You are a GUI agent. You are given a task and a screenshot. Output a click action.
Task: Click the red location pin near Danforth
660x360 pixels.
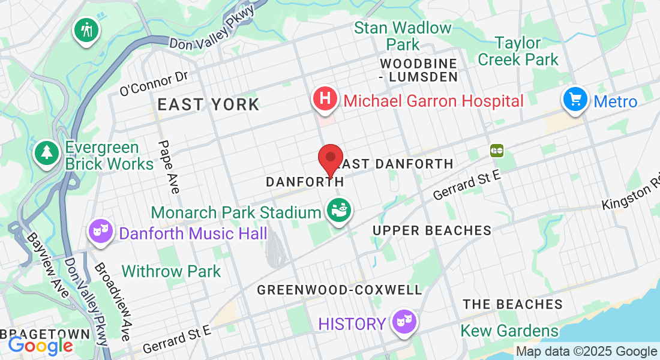click(330, 158)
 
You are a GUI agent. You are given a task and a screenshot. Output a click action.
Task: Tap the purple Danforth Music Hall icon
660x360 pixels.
click(101, 231)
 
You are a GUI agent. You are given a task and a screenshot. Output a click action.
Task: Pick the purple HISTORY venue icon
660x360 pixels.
click(403, 322)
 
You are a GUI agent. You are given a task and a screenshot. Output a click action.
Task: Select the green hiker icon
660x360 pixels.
click(86, 29)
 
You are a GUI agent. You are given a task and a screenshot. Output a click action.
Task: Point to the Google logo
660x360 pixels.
click(40, 346)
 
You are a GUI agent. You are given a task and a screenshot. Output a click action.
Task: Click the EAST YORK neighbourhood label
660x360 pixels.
click(208, 104)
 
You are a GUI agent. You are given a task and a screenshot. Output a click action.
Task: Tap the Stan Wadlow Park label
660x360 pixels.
click(403, 36)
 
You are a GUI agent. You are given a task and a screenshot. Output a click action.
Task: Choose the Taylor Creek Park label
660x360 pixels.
click(518, 51)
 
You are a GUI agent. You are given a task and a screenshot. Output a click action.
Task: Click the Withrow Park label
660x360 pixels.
click(171, 271)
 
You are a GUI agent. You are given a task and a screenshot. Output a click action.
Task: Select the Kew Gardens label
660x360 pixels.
click(509, 331)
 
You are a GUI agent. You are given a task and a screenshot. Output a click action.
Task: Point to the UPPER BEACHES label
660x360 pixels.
click(432, 230)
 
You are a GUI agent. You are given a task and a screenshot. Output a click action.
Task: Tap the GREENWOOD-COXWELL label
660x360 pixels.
click(340, 290)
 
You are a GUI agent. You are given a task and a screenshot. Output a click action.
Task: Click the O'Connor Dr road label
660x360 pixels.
click(154, 84)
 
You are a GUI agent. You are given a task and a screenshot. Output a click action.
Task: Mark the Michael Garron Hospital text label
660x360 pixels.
click(433, 100)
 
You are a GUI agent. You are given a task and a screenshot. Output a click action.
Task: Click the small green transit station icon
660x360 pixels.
click(496, 150)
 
